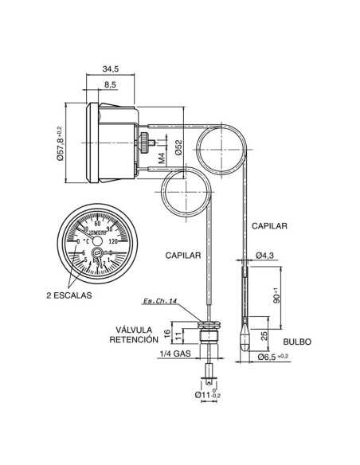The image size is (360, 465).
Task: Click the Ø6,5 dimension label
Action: (273, 358)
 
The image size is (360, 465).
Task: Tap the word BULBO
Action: (295, 341)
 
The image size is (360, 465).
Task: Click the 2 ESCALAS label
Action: (69, 295)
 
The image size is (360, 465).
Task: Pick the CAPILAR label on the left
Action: (182, 256)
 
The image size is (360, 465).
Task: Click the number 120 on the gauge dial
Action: (112, 242)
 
